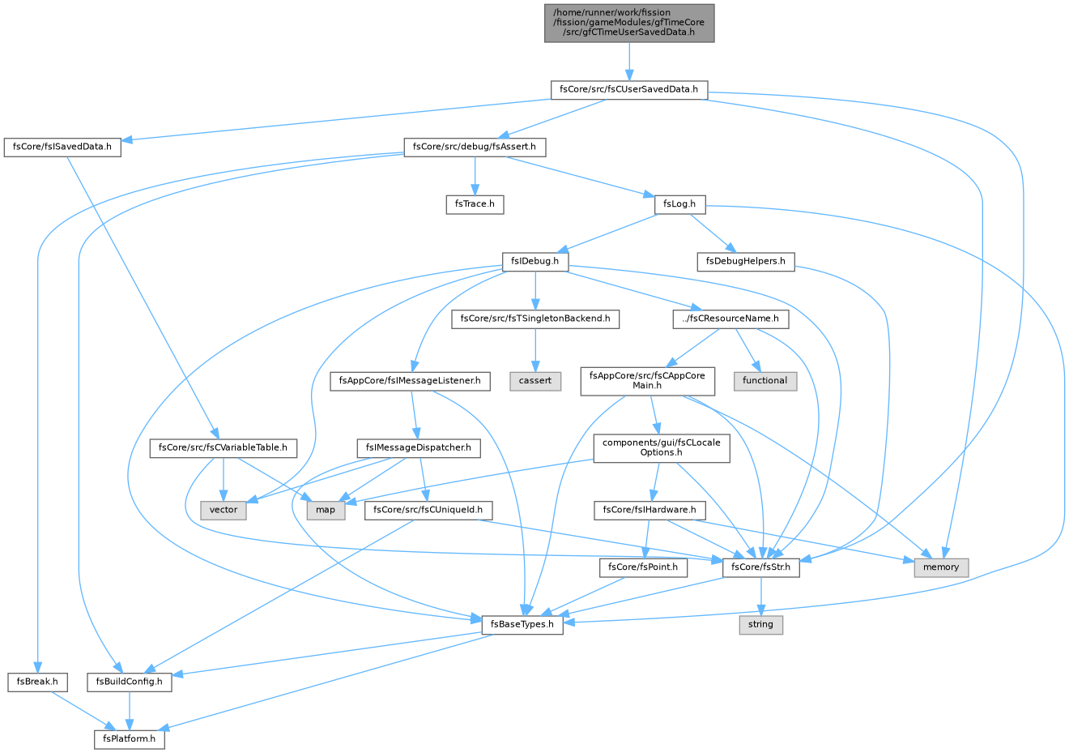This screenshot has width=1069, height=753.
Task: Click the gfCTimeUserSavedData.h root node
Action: pos(629,23)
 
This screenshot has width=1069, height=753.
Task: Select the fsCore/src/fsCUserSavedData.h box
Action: pos(629,90)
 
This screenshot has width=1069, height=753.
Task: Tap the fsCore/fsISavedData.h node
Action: pos(62,148)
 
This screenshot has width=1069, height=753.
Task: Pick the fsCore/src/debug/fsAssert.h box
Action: pos(475,148)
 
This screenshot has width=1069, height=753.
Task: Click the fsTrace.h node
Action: pos(475,204)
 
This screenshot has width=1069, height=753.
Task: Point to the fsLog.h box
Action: pos(679,204)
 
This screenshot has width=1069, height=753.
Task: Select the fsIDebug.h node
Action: pos(535,262)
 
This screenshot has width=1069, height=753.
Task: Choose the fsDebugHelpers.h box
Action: pos(746,262)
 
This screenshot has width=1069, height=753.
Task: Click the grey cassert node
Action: pos(535,381)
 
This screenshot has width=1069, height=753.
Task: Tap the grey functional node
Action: pos(765,381)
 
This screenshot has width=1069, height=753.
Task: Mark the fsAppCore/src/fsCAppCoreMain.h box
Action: pos(648,381)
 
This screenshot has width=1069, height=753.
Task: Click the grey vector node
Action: pos(224,511)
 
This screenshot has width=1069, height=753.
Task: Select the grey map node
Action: pos(326,511)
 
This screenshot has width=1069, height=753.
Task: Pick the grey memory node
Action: pos(941,567)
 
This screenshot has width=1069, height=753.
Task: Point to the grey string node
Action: pos(761,625)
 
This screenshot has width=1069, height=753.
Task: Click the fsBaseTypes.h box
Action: pos(522,625)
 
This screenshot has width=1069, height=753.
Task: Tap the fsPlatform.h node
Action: pos(130,739)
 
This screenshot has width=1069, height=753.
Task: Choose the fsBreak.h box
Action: pos(38,682)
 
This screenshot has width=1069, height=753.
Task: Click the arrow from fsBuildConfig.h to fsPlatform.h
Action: pos(130,711)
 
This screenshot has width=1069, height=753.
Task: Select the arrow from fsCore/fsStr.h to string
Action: pos(761,597)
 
